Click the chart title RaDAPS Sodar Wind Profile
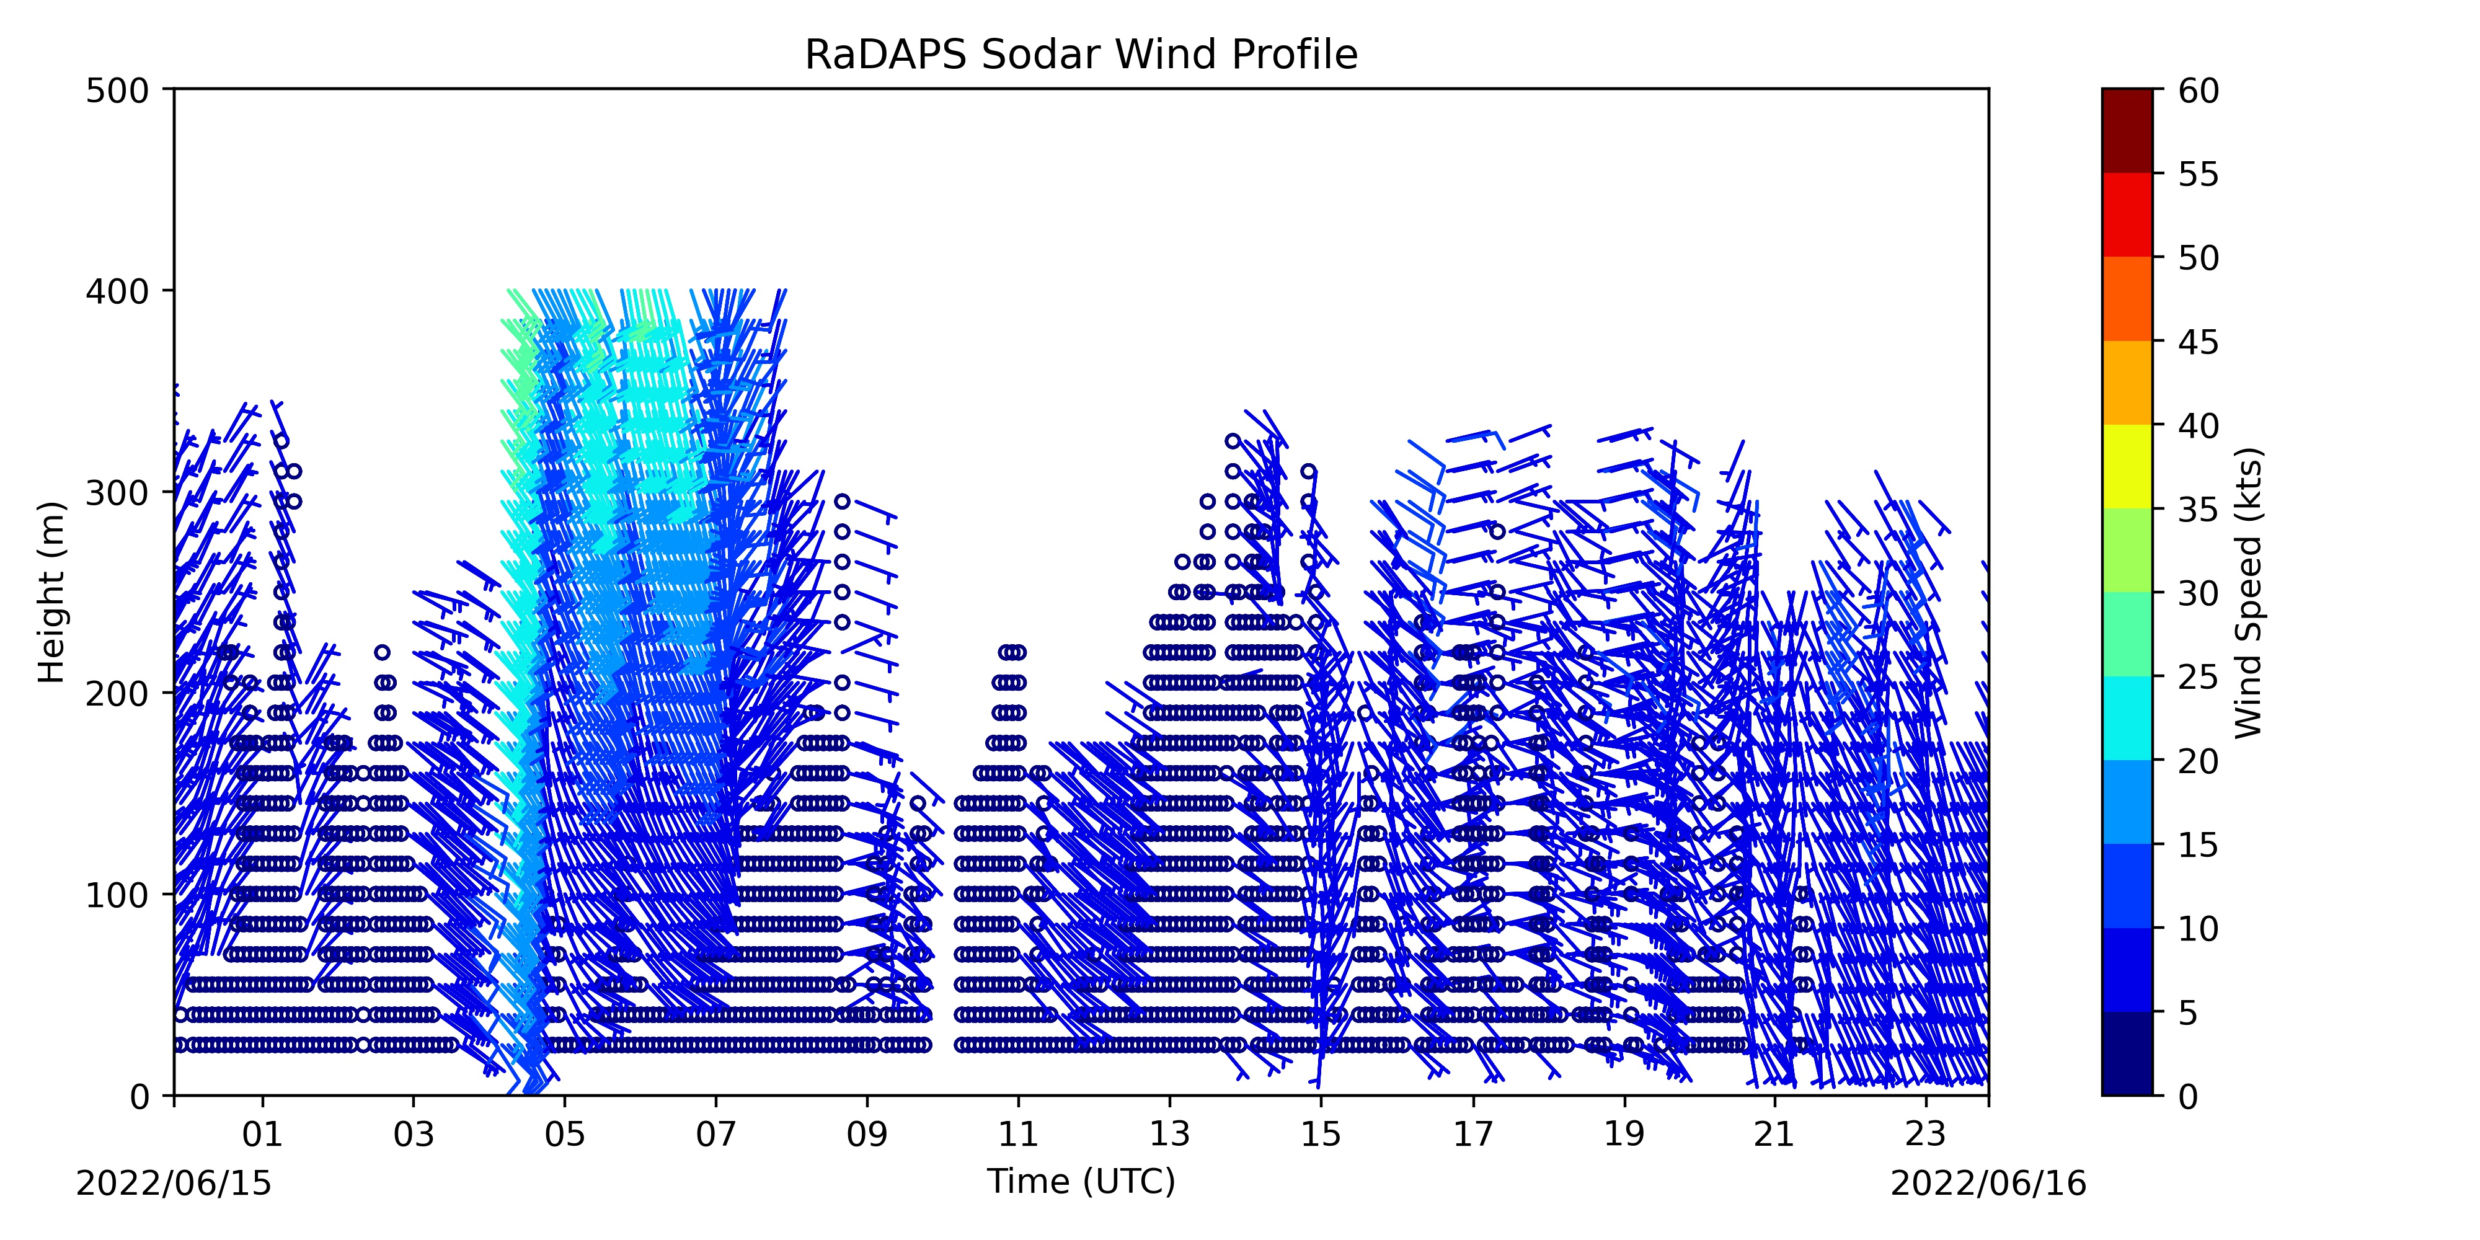1081,55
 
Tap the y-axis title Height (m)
52,592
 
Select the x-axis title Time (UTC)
1081,1180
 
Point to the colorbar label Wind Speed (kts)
2249,592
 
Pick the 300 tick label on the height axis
117,493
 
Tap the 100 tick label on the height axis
117,895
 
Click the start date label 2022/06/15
174,1183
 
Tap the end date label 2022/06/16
1989,1183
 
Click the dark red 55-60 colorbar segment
2128,131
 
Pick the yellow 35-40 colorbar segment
2128,467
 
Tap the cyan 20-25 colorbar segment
2128,718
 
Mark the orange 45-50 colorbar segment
2128,298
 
